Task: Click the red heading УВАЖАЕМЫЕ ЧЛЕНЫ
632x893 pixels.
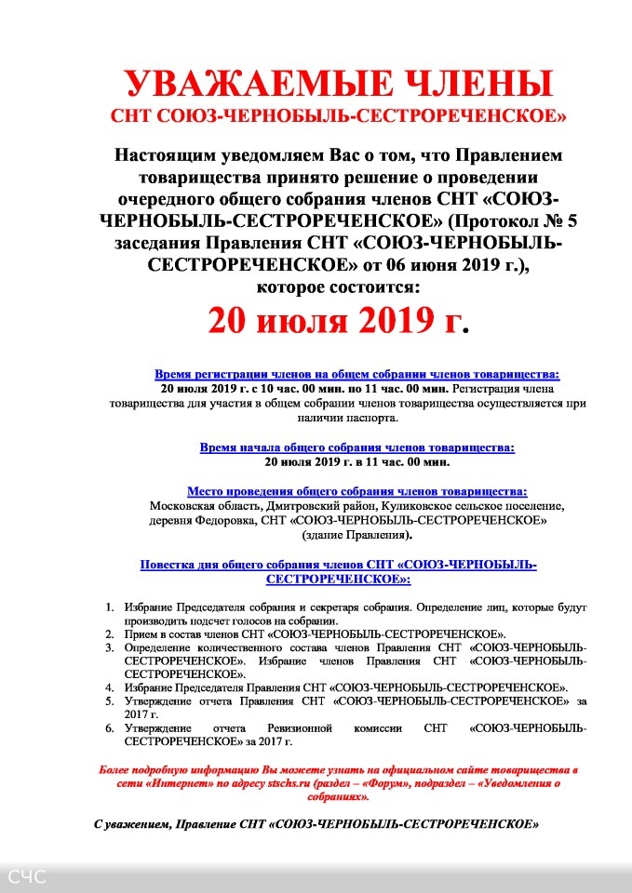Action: pos(339,85)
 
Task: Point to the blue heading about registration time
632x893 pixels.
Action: pos(357,371)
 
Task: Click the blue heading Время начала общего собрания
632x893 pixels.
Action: pos(357,447)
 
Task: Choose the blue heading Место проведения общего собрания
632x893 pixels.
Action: pos(357,491)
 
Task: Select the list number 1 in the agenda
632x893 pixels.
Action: pos(110,607)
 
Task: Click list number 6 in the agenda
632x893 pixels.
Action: pos(110,727)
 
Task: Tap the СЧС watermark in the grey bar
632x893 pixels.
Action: pos(26,877)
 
